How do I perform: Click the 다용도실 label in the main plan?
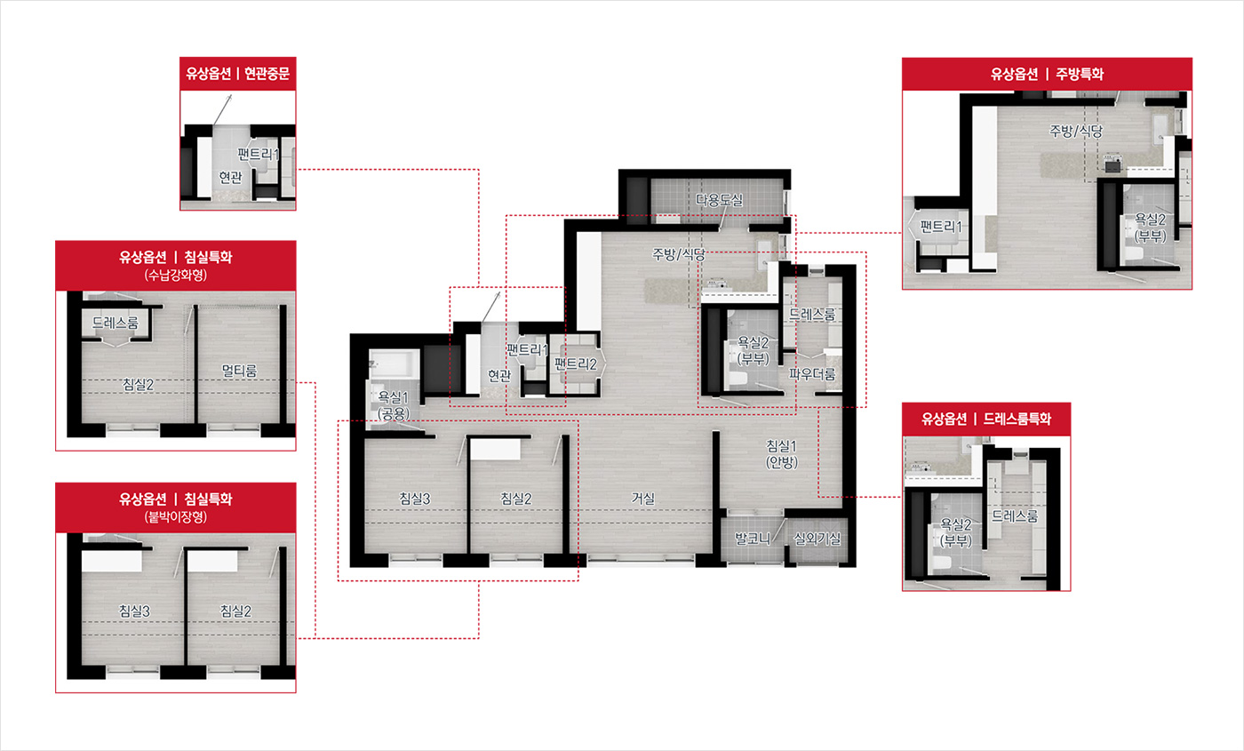tap(719, 200)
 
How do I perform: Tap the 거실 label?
tap(643, 499)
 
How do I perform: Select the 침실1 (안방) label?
tap(782, 454)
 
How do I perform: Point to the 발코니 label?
tap(753, 539)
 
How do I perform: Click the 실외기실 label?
tap(817, 539)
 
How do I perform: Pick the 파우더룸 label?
tap(812, 374)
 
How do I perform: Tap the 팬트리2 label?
tap(576, 364)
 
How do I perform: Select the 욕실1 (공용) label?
tap(393, 405)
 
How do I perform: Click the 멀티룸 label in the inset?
tap(239, 371)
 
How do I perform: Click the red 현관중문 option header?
tap(238, 73)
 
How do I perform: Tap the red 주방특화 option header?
tap(1047, 74)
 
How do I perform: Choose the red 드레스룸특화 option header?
tap(986, 419)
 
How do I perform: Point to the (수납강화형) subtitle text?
tap(176, 275)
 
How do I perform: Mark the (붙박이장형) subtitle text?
tap(176, 516)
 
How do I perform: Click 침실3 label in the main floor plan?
tap(415, 499)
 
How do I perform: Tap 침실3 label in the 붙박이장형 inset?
tap(134, 611)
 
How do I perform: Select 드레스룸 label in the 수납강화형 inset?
tap(115, 323)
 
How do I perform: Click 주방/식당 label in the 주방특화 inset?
tap(1076, 132)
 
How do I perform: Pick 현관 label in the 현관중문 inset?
tap(230, 177)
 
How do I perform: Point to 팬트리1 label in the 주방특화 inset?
tap(941, 226)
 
